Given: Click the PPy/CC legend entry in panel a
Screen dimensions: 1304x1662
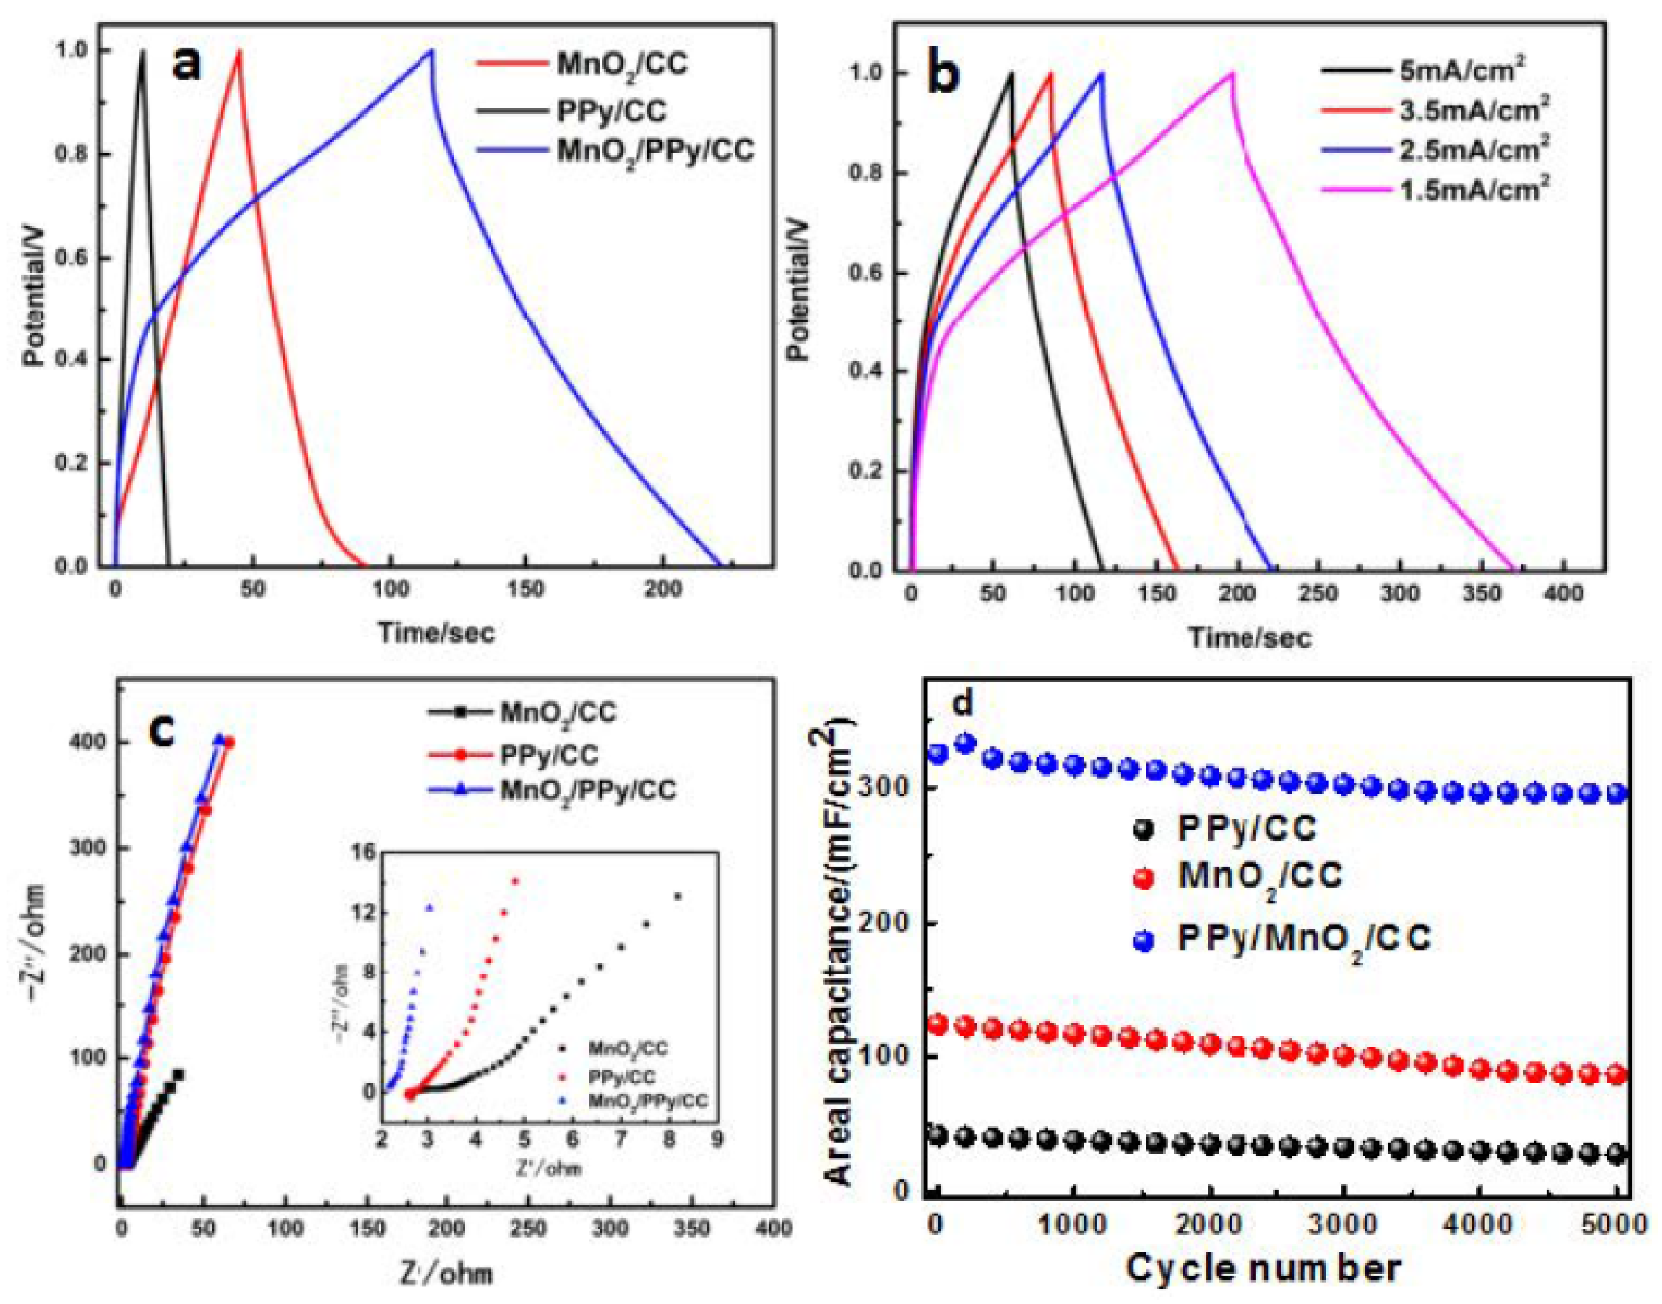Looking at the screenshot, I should [x=611, y=111].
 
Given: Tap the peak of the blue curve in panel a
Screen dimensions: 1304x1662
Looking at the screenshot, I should [x=432, y=50].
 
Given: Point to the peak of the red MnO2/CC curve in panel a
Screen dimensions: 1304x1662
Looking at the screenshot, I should [x=239, y=51].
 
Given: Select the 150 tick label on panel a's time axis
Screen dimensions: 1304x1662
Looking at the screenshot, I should [x=525, y=591].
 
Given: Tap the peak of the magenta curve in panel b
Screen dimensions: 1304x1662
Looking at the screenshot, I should [x=1231, y=73].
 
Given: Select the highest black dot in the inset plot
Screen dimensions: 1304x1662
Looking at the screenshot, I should [x=677, y=896].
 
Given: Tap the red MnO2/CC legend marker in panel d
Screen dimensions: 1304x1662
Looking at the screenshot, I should [x=1143, y=879].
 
